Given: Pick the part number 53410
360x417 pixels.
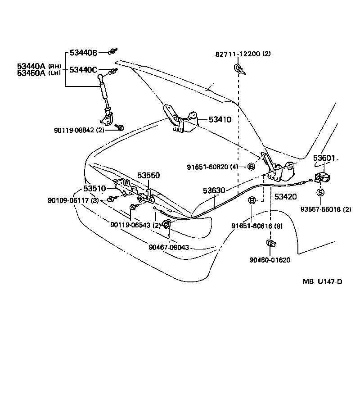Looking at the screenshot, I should [220, 120].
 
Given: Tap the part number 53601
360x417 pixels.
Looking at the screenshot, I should [324, 158].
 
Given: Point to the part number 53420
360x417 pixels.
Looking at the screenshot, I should [286, 196].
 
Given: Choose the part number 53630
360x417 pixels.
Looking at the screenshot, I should [214, 191].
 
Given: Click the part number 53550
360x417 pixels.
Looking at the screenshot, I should [148, 175].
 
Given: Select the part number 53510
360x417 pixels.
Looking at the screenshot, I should [94, 188].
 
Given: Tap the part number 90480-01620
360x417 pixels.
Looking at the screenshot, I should [270, 260].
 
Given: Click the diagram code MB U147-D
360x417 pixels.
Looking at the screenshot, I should [322, 282].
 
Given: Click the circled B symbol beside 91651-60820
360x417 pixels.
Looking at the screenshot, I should [252, 167].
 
